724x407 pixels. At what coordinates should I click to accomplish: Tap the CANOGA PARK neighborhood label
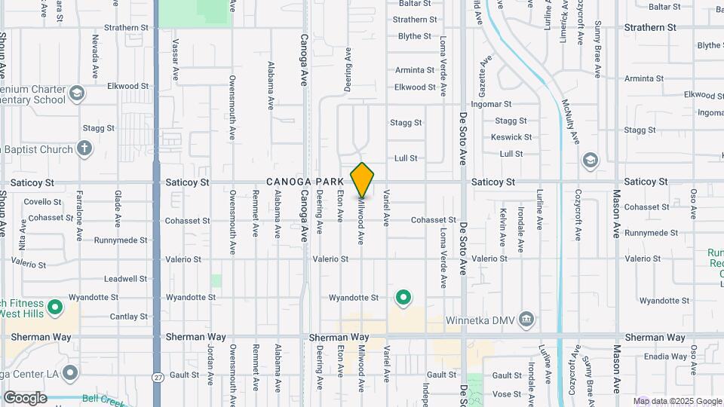tap(305, 182)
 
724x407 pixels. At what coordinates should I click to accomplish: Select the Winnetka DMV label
tap(487, 319)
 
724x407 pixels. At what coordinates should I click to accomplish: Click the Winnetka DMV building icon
tap(527, 319)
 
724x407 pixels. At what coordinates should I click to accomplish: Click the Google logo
tap(25, 397)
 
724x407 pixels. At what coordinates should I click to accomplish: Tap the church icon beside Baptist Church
tap(85, 149)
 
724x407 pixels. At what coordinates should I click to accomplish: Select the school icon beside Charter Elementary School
tap(76, 94)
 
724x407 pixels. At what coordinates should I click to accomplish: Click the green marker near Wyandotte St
tap(403, 298)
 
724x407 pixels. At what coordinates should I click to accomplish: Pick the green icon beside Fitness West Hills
tap(54, 308)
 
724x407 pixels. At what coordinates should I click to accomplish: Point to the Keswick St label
tap(511, 137)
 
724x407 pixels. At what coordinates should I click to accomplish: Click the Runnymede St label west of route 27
tap(121, 240)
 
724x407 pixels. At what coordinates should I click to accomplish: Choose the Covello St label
tap(42, 202)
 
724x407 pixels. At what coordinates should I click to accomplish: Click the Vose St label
tap(506, 393)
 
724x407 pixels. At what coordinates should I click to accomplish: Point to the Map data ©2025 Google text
tap(677, 401)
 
